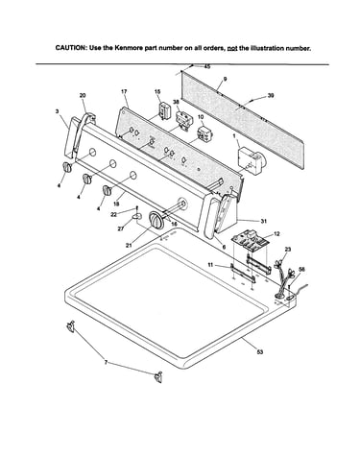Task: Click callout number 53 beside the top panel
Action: tap(260, 351)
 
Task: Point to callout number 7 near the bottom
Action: tap(106, 362)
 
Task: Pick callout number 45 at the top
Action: tap(207, 66)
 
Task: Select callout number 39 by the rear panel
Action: tap(271, 95)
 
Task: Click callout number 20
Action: tap(83, 95)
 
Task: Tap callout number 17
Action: tap(124, 91)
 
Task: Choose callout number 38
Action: tap(176, 102)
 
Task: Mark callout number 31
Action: tap(264, 221)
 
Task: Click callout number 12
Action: tap(276, 234)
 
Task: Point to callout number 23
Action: tap(288, 250)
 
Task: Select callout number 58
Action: tap(301, 270)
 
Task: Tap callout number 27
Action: tap(121, 228)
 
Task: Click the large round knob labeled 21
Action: tap(156, 220)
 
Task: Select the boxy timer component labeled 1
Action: tap(251, 160)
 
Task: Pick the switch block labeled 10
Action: tap(203, 133)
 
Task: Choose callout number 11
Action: tap(210, 265)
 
